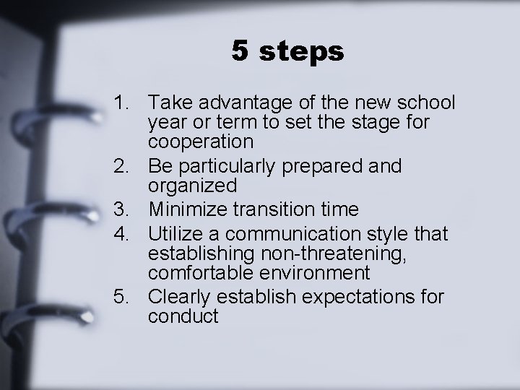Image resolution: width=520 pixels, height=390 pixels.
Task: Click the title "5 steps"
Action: pyautogui.click(x=288, y=52)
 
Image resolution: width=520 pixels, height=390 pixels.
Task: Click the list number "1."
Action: pyautogui.click(x=124, y=102)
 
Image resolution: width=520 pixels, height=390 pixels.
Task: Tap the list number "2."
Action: pyautogui.click(x=124, y=166)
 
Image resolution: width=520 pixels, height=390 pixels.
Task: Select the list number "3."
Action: pyautogui.click(x=124, y=209)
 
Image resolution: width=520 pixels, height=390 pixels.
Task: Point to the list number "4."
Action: pyautogui.click(x=124, y=234)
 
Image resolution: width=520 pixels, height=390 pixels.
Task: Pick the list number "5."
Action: pyautogui.click(x=124, y=297)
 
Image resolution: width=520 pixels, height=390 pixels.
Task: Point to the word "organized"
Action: pyautogui.click(x=191, y=186)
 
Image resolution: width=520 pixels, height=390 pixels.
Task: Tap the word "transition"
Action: pyautogui.click(x=274, y=209)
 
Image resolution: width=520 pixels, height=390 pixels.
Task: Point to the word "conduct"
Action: pyautogui.click(x=183, y=316)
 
